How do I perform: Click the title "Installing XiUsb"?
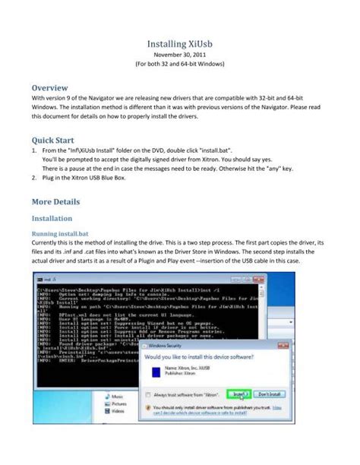pos(179,45)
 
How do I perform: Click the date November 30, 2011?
pos(179,56)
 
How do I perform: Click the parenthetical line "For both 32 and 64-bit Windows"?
pos(179,66)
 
